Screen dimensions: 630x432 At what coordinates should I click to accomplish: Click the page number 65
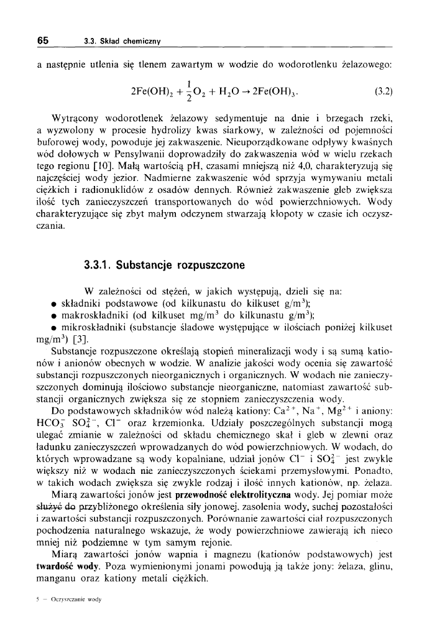42,40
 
